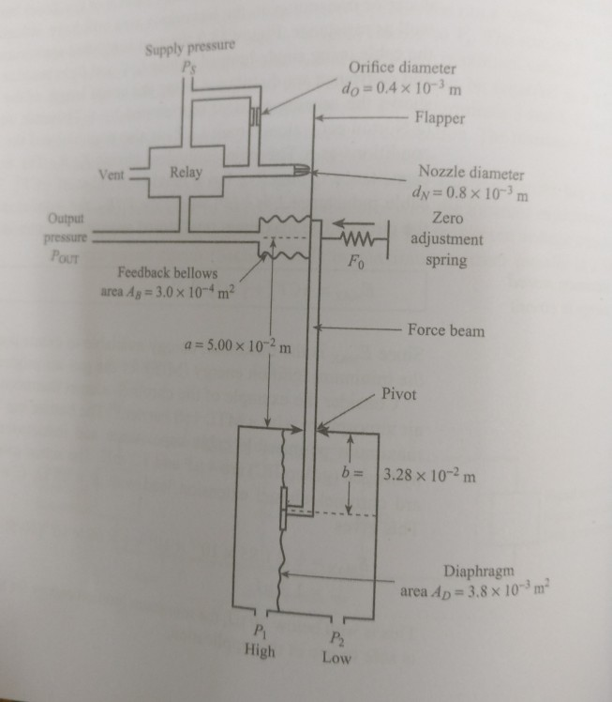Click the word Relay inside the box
[x=186, y=173]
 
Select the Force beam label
[x=446, y=330]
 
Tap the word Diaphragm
[x=484, y=572]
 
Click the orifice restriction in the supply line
[x=254, y=117]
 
